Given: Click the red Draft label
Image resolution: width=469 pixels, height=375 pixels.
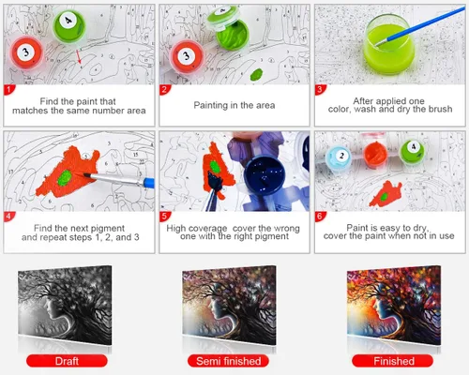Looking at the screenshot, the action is point(67,361).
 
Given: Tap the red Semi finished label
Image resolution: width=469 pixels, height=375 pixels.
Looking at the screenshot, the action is point(229,361).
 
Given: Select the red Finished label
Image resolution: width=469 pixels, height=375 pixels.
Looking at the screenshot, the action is point(393,361).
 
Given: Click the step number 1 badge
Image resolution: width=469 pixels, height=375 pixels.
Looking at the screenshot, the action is point(8,90).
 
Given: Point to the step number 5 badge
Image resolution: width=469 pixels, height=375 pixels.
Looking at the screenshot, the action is point(164,217).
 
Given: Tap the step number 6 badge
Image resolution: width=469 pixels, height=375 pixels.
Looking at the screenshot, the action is point(320,217).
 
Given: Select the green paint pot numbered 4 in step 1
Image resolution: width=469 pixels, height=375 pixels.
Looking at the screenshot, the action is point(69,25).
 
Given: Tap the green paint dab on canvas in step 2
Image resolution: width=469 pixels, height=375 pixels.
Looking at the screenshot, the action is point(256,74).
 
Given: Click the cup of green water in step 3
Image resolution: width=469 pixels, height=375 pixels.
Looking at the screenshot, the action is point(389,45).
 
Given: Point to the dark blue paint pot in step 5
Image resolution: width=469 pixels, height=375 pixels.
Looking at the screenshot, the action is point(265,175).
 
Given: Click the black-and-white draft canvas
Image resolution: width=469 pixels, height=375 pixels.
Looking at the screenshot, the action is point(65,306).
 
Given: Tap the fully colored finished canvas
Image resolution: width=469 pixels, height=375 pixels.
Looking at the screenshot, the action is point(394,306).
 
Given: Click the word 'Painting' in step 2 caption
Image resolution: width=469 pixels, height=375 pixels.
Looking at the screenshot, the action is point(210,105).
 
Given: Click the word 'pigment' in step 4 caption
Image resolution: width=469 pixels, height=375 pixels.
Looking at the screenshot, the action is point(108,228).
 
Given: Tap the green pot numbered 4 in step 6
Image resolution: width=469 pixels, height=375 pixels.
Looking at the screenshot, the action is point(413,152).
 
